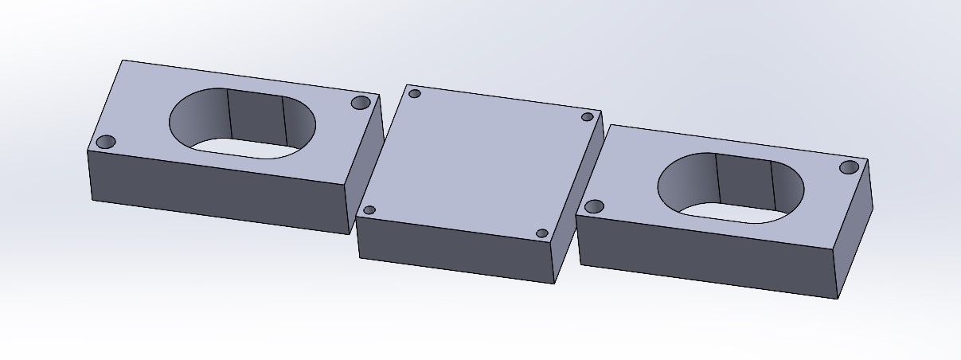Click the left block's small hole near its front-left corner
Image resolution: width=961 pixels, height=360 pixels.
click(x=106, y=143)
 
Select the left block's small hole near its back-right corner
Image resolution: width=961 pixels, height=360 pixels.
click(x=360, y=104)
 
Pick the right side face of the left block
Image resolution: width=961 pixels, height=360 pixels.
click(x=366, y=163)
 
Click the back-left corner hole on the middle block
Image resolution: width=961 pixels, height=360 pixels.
click(x=414, y=94)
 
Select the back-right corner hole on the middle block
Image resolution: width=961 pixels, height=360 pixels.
click(x=588, y=117)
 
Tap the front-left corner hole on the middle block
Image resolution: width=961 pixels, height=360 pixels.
click(x=369, y=210)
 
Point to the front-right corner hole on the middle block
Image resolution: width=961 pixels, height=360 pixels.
click(x=542, y=233)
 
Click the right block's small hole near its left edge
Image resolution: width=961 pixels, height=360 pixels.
click(x=594, y=207)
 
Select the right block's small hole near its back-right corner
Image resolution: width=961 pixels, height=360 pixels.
click(x=850, y=167)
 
